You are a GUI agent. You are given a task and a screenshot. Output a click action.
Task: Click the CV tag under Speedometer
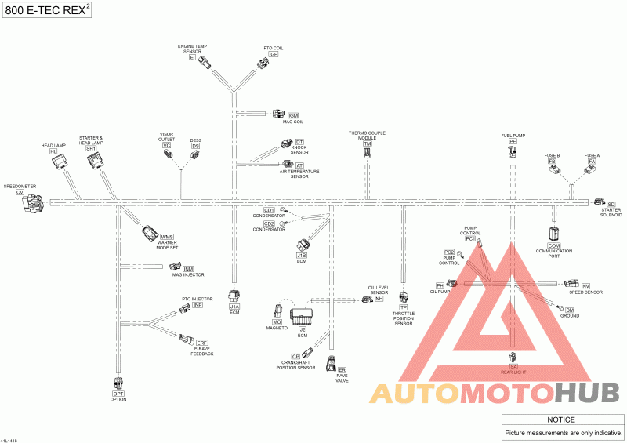(x=20, y=192)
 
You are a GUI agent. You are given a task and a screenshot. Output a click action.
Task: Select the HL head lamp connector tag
(x=53, y=151)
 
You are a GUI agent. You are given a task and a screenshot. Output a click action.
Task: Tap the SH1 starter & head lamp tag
(x=91, y=148)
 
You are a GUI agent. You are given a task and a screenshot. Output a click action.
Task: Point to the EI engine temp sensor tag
(x=193, y=57)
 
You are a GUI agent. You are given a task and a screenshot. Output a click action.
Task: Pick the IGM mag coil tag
(x=293, y=116)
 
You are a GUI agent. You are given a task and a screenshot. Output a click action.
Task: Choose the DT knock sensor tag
(x=299, y=141)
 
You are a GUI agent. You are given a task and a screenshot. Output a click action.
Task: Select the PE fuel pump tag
(x=513, y=141)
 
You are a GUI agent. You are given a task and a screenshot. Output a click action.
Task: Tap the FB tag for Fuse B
(x=552, y=161)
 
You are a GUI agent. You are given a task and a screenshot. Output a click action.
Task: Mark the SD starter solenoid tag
(x=611, y=204)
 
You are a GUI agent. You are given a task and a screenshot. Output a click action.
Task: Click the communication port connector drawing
(x=554, y=233)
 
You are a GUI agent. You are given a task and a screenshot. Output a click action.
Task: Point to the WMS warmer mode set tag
(x=167, y=237)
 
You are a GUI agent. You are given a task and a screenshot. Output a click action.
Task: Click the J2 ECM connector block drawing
(x=303, y=316)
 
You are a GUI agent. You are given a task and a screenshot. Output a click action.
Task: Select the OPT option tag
(x=118, y=394)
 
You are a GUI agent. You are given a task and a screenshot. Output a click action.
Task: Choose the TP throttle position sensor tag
(x=404, y=308)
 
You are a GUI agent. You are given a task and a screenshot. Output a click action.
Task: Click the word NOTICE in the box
(x=563, y=420)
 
